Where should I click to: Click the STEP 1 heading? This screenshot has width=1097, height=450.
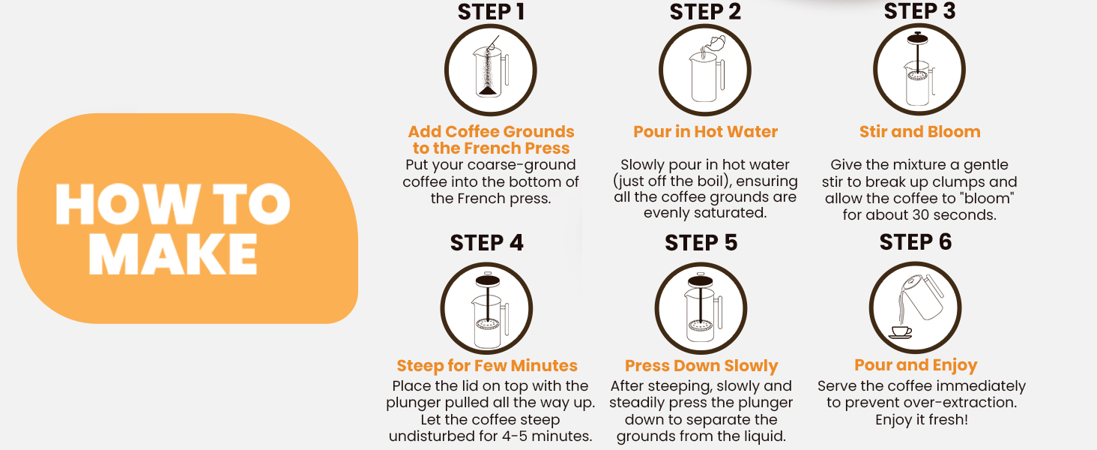[x=492, y=12]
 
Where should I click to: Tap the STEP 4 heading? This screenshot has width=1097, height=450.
[x=487, y=243]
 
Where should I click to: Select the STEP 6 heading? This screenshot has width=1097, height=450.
[x=916, y=241]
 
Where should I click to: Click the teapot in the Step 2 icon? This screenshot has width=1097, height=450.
[x=714, y=43]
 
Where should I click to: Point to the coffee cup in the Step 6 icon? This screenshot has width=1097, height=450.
[x=901, y=332]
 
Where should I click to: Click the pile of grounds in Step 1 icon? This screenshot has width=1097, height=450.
[x=487, y=91]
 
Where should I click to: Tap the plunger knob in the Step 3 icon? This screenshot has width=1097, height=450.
[x=917, y=37]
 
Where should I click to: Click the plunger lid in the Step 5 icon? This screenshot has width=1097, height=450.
[x=701, y=281]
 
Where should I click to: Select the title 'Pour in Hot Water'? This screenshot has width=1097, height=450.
[x=705, y=131]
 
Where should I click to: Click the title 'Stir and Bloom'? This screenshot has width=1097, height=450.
[x=919, y=131]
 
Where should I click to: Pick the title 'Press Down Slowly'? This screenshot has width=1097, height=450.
[x=701, y=366]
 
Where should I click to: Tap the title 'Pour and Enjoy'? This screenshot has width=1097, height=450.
[x=916, y=365]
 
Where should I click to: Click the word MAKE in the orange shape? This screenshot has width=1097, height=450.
[x=173, y=254]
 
